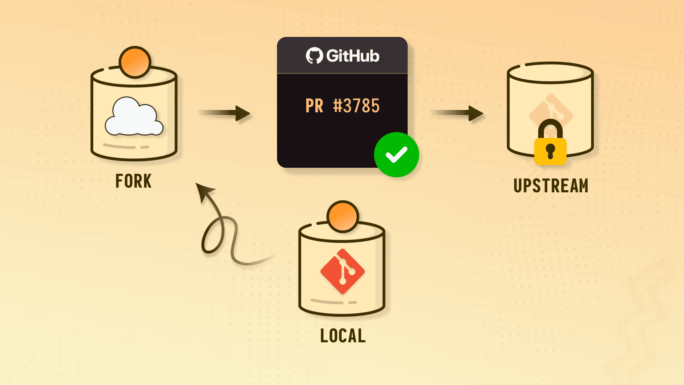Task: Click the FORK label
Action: point(133,181)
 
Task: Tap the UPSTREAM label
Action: point(551,186)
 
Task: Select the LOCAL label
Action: point(343,336)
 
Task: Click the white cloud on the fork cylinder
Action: point(134,117)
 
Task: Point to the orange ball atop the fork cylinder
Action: point(135,62)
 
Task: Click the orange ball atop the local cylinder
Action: point(343,217)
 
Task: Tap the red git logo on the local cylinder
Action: point(343,271)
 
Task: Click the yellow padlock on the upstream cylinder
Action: point(550,151)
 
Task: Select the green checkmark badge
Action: point(396,155)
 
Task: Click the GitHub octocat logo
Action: point(314,55)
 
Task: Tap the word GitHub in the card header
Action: point(353,56)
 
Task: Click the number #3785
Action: point(356,106)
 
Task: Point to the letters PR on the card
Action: point(314,106)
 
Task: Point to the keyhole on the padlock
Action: point(550,151)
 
